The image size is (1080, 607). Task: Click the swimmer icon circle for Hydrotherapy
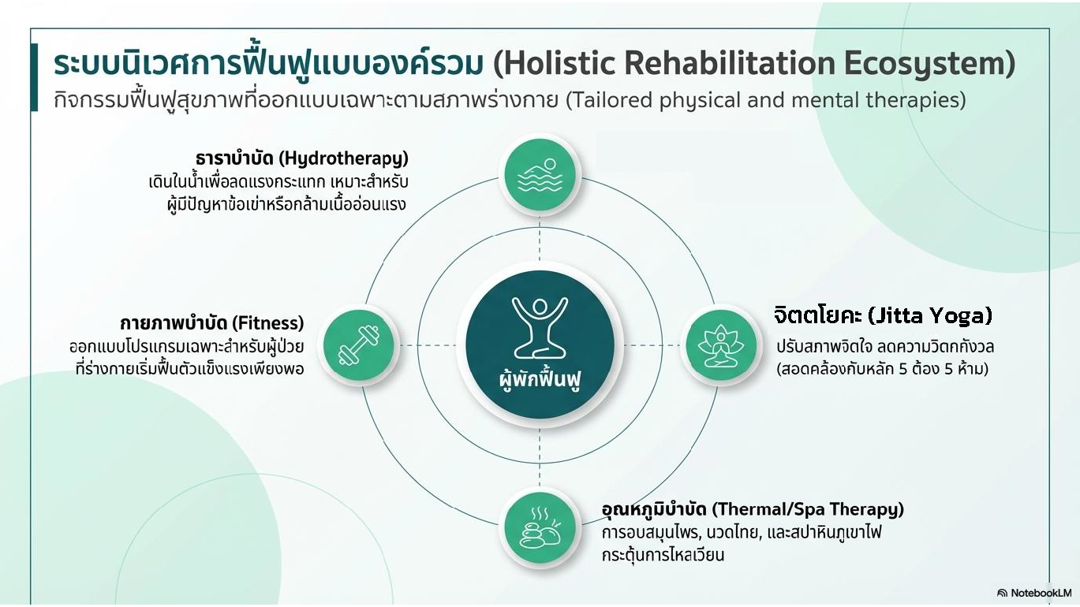pos(540,174)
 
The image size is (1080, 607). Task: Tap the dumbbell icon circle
pos(359,345)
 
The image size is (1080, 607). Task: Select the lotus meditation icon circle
pos(721,345)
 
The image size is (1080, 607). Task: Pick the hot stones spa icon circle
pos(540,527)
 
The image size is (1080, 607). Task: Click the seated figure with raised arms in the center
pos(540,328)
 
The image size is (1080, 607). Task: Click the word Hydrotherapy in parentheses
pos(344,158)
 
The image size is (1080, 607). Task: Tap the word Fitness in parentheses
pos(268,322)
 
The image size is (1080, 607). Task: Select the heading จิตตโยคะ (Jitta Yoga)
pos(883,316)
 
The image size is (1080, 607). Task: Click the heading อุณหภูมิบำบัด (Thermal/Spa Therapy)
pos(753,510)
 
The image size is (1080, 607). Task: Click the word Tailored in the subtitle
pos(609,100)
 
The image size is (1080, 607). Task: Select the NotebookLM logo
pos(1034,593)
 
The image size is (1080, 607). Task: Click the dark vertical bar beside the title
pos(34,77)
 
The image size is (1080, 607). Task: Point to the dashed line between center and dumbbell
pos(428,345)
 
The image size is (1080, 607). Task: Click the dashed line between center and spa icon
pos(540,458)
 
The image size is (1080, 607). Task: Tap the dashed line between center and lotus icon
pos(652,345)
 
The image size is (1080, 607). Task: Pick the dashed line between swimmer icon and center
pos(540,239)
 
